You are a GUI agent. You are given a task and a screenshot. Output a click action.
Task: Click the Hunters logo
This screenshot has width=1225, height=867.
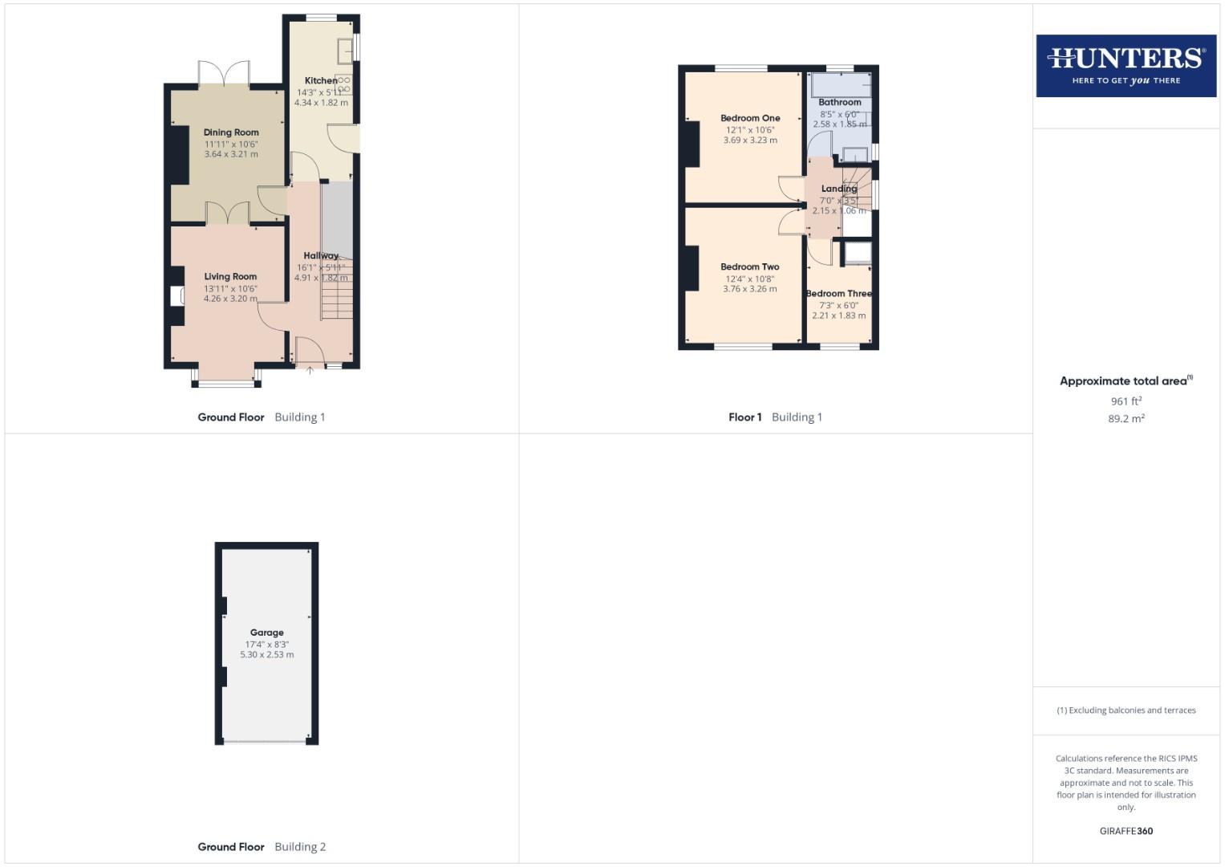[1126, 65]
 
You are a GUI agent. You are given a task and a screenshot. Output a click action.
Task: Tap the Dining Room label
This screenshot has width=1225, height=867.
[231, 132]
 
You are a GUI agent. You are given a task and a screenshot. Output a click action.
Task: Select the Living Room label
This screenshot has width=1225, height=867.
[230, 276]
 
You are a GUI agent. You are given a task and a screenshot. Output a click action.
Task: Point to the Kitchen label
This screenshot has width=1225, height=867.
[321, 80]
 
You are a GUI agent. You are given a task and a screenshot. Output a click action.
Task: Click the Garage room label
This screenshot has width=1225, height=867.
[266, 633]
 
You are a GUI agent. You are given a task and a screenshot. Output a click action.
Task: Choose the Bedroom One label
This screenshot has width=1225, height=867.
[750, 118]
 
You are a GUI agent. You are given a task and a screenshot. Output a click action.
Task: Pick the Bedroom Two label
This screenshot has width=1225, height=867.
[749, 267]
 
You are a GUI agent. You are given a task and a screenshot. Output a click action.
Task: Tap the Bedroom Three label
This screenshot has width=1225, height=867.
[838, 294]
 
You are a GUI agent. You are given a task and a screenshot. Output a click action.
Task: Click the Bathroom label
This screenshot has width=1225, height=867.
[839, 102]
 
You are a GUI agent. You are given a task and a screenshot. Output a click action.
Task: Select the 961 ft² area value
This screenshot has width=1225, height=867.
[1126, 401]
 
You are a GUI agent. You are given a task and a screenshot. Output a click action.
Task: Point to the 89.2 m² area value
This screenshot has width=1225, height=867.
[1126, 418]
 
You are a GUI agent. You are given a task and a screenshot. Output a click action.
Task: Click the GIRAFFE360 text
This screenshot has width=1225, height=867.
[1126, 831]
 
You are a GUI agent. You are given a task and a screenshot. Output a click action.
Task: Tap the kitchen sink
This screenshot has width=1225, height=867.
[346, 50]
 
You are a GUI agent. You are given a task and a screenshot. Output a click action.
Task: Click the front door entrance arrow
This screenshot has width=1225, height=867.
[310, 370]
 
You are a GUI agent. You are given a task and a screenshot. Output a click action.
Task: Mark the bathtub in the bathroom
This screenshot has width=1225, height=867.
[840, 85]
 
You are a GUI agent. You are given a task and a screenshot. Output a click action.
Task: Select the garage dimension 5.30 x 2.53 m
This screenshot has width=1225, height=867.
[266, 655]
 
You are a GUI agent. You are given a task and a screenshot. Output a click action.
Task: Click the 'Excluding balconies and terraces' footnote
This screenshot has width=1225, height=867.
[1126, 710]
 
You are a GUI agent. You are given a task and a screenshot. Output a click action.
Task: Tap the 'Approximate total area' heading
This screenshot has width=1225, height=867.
[1126, 381]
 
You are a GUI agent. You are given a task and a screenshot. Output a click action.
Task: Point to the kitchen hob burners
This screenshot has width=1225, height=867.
[345, 84]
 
